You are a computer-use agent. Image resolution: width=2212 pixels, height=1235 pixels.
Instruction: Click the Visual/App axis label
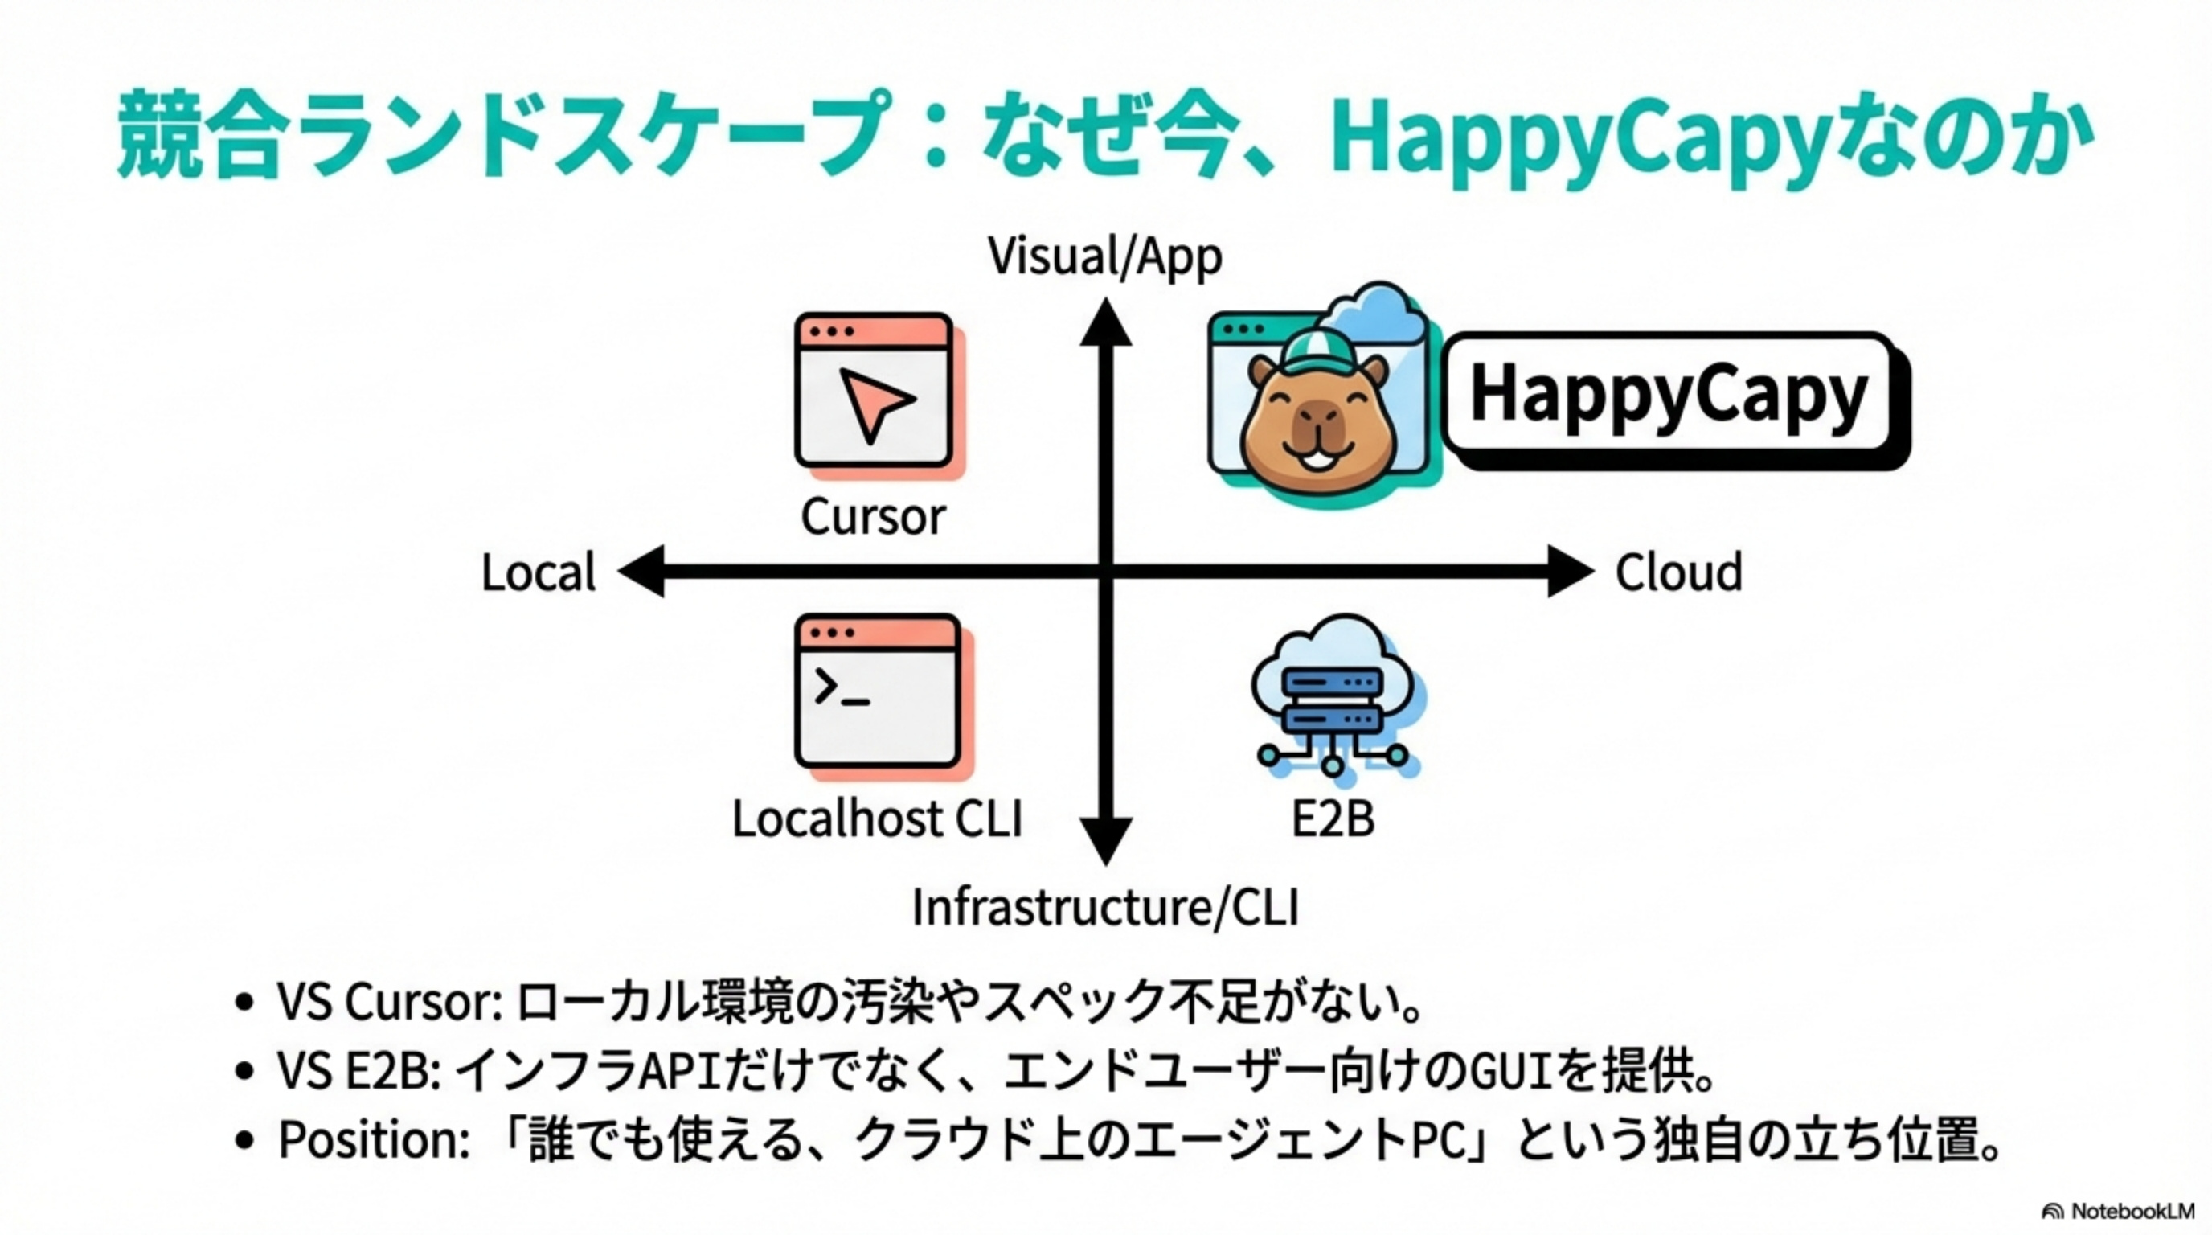click(1104, 256)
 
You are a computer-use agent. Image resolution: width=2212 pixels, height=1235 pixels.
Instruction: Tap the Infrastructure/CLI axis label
click(1105, 907)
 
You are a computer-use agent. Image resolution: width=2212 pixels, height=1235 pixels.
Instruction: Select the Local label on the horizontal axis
click(539, 572)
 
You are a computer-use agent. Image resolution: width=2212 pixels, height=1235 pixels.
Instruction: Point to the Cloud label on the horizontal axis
click(1679, 572)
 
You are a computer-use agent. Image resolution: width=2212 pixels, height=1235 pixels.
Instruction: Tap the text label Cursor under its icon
click(873, 517)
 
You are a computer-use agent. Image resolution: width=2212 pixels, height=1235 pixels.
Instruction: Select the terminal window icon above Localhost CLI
click(883, 695)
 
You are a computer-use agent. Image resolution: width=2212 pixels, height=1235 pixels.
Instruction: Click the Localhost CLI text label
click(877, 819)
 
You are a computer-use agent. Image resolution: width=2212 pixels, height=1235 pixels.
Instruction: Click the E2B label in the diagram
click(1333, 819)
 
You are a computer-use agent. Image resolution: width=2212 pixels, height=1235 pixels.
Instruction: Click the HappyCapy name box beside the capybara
click(1676, 400)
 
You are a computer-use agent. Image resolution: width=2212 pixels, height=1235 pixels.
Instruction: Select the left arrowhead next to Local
click(641, 570)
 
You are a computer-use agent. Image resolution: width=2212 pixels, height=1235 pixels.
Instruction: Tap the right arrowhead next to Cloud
click(1571, 570)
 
